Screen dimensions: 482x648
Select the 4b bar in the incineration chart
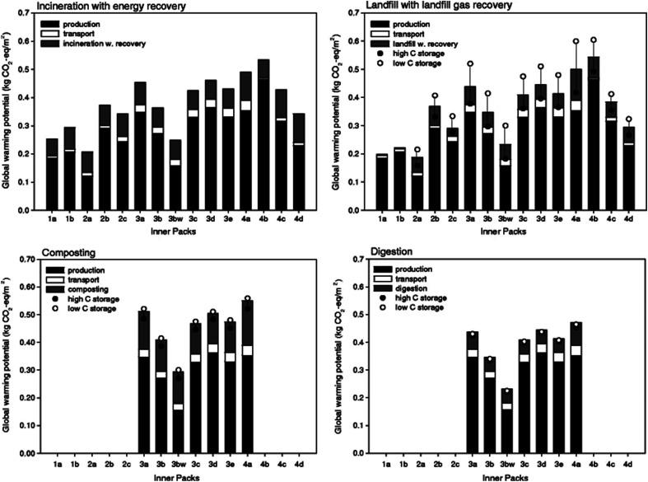click(x=264, y=135)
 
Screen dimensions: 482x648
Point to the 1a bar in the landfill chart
click(x=381, y=182)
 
